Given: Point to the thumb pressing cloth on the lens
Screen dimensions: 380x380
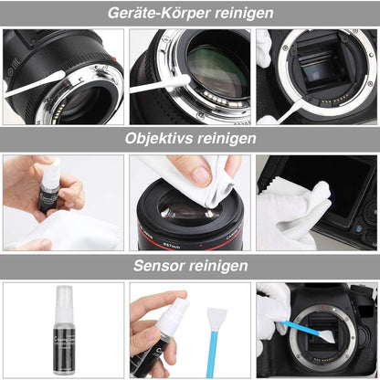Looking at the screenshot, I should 202,174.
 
